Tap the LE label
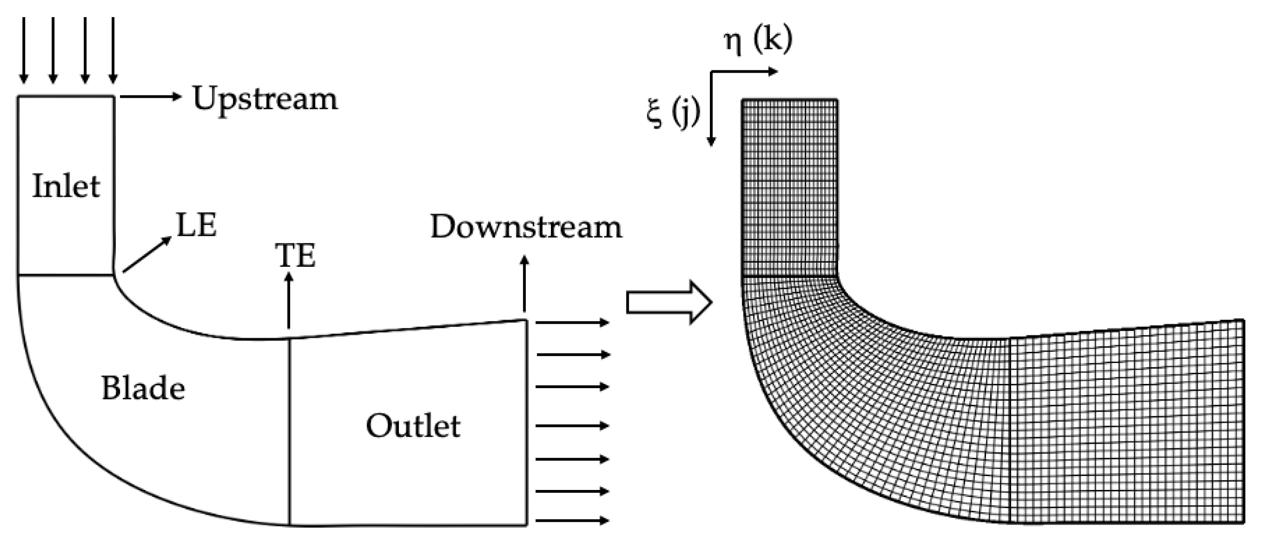pyautogui.click(x=196, y=226)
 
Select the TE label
pyautogui.click(x=296, y=256)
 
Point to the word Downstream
pyautogui.click(x=525, y=227)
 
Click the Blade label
pyautogui.click(x=143, y=389)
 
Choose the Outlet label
pyautogui.click(x=413, y=426)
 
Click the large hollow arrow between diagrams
pyautogui.click(x=669, y=302)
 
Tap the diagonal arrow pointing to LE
pyautogui.click(x=147, y=255)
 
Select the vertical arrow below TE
pyautogui.click(x=289, y=300)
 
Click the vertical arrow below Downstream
pyautogui.click(x=525, y=283)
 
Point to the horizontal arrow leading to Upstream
pyautogui.click(x=150, y=97)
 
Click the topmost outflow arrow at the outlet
pyautogui.click(x=572, y=322)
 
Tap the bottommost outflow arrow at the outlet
pyautogui.click(x=572, y=521)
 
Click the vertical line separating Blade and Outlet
pyautogui.click(x=290, y=432)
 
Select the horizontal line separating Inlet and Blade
pyautogui.click(x=66, y=275)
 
